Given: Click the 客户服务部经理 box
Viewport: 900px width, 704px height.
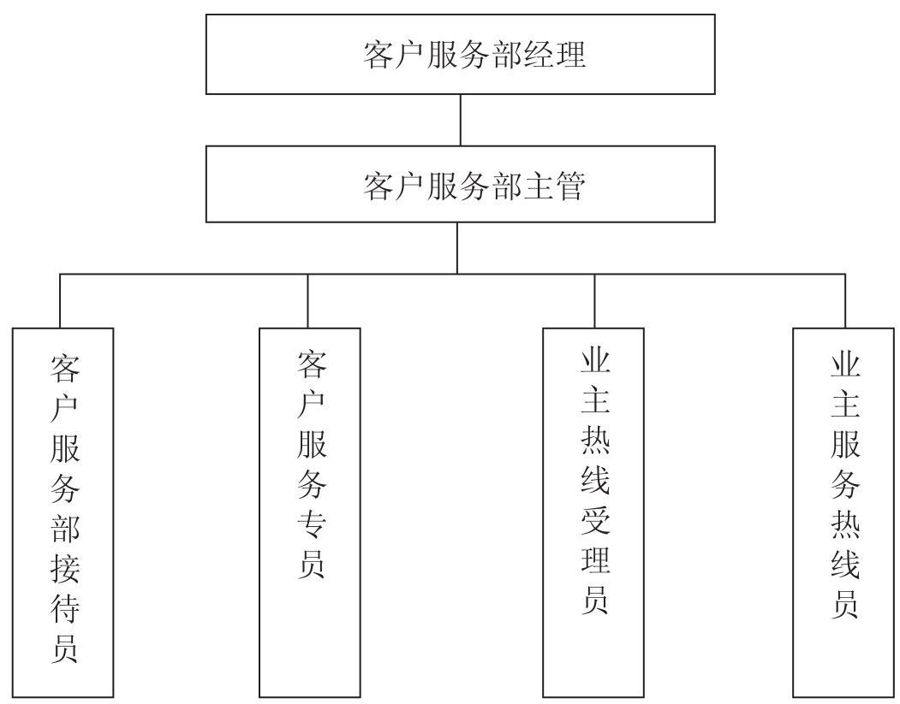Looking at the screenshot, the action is [x=461, y=55].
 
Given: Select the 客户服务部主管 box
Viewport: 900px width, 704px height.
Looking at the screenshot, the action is [x=461, y=184].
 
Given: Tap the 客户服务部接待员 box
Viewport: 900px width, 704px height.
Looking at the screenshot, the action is [x=63, y=512].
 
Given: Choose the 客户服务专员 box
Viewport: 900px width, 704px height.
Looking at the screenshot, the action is [x=310, y=512].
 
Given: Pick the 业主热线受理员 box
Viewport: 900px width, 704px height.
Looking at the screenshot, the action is [x=593, y=512].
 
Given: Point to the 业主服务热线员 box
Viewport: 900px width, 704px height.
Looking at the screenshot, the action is [x=843, y=512].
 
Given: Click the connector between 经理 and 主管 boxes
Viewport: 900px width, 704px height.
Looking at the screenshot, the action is [x=461, y=120].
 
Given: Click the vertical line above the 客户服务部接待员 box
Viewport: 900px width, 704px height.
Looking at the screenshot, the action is [x=60, y=301].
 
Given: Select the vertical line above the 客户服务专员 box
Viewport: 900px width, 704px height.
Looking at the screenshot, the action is [x=307, y=301].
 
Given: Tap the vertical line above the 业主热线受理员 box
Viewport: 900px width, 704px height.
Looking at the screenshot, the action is [x=594, y=301].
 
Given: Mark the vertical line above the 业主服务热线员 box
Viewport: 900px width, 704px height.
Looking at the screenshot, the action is [x=845, y=301].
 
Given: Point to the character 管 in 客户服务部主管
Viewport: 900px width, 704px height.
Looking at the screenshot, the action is [x=570, y=185].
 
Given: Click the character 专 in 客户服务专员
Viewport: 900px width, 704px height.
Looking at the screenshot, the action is [x=312, y=524].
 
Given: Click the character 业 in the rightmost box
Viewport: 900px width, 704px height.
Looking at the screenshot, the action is [x=845, y=364].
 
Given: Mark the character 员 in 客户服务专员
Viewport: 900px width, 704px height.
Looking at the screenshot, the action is [x=312, y=564].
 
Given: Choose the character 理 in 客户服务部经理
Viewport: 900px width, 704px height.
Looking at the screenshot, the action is [x=570, y=55].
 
